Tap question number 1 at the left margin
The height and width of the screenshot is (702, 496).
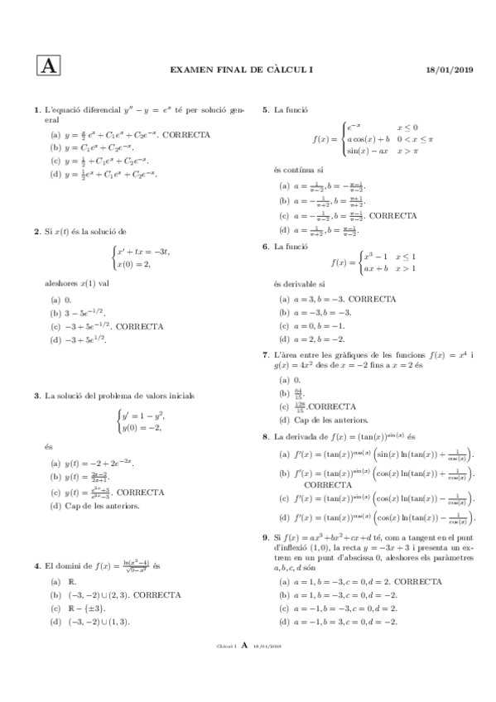point(36,110)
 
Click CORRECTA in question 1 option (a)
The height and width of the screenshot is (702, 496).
point(186,134)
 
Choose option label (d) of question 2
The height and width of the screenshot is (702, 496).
point(55,339)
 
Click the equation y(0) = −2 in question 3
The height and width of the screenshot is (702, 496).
point(140,427)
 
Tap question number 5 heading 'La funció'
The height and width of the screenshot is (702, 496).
point(265,110)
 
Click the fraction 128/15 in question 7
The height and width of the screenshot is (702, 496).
point(299,407)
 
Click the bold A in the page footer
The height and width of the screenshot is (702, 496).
point(245,668)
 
